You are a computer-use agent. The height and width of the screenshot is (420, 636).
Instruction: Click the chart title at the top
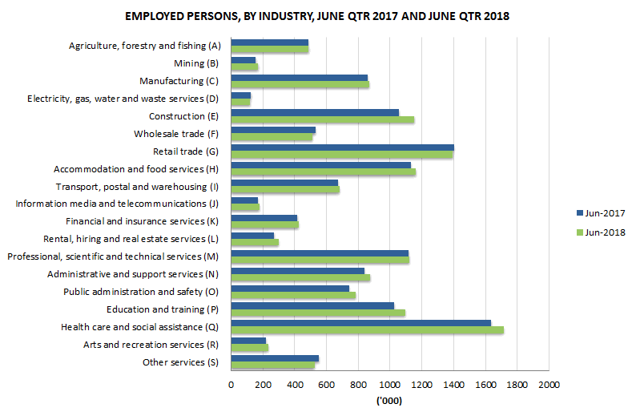[317, 16]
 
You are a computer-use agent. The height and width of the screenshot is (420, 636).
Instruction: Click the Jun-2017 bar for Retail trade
[342, 147]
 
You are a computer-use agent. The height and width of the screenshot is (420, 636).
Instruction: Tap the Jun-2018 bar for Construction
[322, 119]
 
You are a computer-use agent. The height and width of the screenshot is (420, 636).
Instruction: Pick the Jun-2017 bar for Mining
[243, 60]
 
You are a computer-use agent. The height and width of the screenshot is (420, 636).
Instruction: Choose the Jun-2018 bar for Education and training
[317, 312]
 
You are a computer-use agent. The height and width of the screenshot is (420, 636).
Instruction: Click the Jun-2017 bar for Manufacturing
[299, 78]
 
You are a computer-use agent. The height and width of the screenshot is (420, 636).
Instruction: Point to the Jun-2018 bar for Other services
[272, 365]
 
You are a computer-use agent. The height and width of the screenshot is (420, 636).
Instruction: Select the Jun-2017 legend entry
[599, 213]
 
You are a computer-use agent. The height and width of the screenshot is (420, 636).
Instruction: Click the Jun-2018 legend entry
[599, 232]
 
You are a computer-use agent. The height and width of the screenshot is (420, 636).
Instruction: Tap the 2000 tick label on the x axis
[549, 386]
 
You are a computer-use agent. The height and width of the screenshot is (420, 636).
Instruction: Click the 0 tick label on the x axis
[231, 386]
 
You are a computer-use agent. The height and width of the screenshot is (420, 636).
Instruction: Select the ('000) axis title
[389, 402]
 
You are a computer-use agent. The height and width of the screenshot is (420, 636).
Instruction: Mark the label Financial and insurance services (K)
[142, 221]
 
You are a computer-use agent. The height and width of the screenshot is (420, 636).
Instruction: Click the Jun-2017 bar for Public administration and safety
[290, 288]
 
